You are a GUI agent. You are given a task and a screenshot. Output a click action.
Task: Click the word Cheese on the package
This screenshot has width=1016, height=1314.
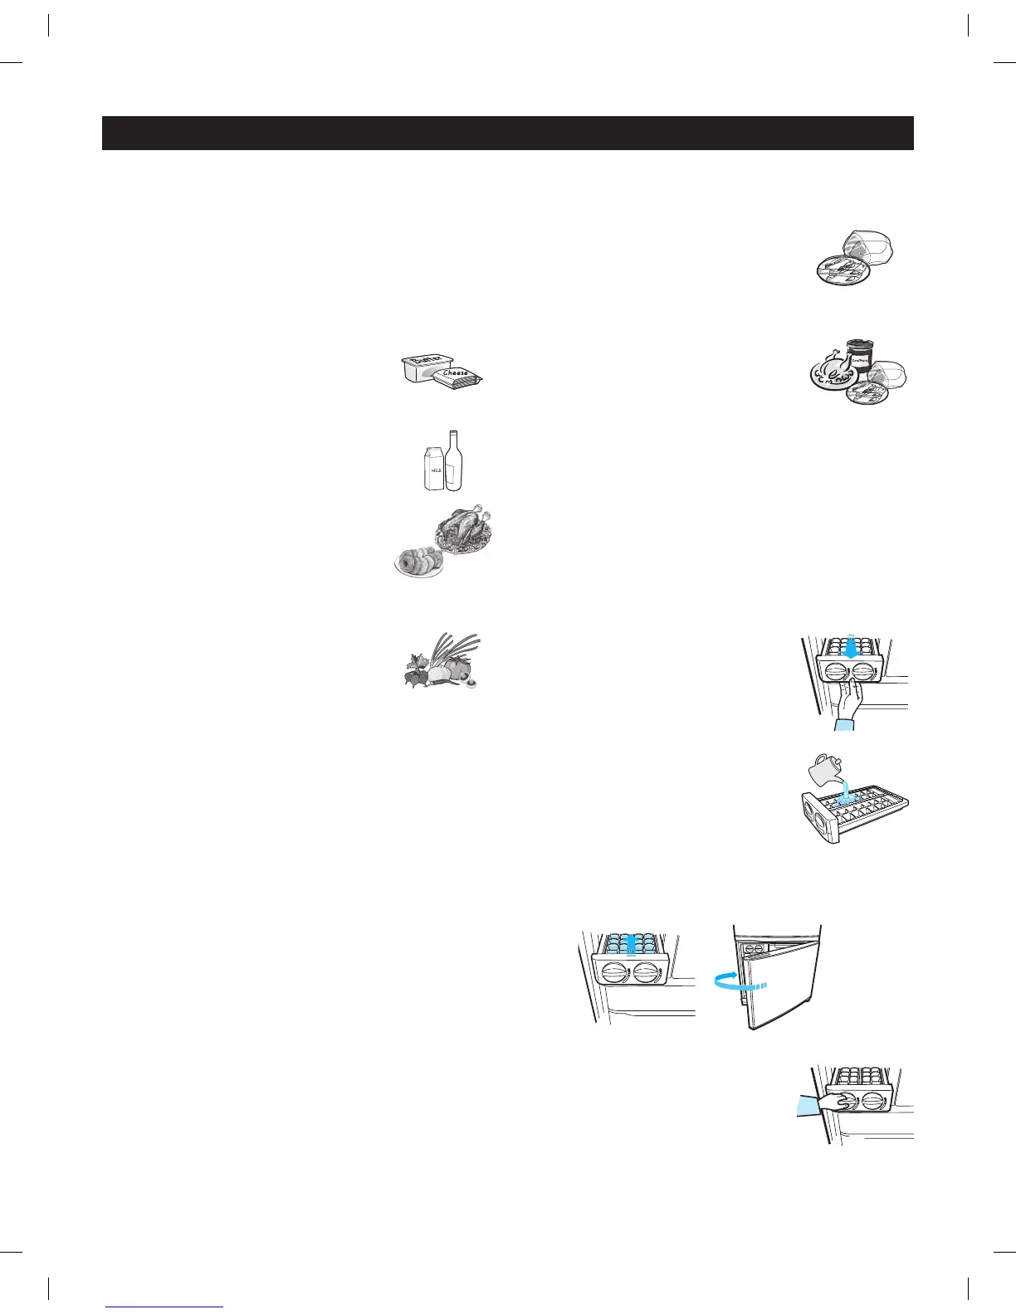coord(456,373)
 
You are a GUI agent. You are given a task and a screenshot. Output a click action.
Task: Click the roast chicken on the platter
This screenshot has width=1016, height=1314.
coord(462,529)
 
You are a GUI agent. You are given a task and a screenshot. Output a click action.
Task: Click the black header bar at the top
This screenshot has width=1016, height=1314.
coord(507,133)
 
